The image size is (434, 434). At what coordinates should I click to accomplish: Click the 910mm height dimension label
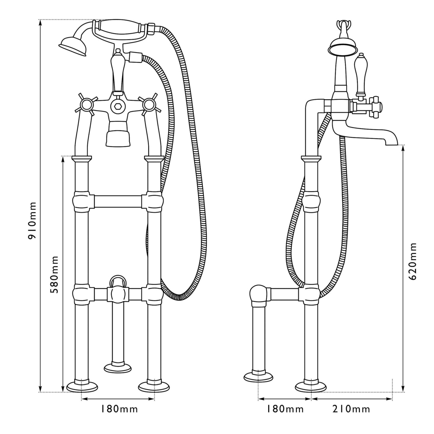point(32,220)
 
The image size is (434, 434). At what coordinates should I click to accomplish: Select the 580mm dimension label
point(54,275)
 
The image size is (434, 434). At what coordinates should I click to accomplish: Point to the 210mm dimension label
point(351,409)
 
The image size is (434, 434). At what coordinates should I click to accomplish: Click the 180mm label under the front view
point(119,409)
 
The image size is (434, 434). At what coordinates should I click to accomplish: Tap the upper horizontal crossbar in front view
point(118,201)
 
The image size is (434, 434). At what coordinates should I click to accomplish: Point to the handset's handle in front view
point(120,29)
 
